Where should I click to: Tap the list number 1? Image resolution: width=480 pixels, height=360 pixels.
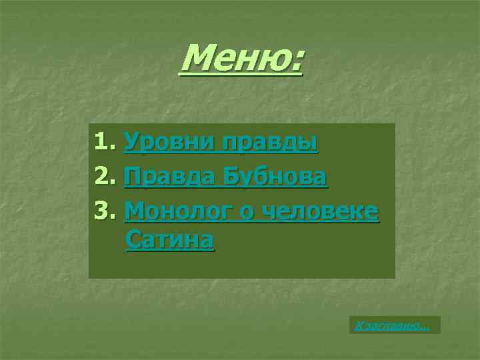101,142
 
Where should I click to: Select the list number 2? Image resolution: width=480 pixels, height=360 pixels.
102,177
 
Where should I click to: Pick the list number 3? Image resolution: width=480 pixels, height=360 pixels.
102,211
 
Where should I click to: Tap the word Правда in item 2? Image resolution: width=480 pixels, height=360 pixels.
169,177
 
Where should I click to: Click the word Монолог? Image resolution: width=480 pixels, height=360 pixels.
180,211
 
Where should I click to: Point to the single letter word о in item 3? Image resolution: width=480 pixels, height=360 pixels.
249,213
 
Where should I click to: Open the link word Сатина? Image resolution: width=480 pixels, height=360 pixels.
169,239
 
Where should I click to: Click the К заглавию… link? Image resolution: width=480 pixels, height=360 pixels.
393,325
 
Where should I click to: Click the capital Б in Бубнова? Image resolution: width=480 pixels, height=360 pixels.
231,177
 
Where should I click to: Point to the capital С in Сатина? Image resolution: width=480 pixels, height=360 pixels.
133,239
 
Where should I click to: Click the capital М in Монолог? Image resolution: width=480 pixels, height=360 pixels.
135,211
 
